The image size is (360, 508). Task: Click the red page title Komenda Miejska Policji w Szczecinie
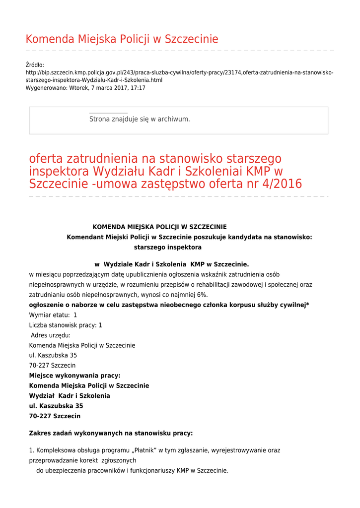point(122,39)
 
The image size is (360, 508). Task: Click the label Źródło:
point(35,65)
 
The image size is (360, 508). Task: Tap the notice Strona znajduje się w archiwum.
point(140,119)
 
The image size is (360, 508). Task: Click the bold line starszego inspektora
point(168,247)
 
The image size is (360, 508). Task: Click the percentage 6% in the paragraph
point(201,295)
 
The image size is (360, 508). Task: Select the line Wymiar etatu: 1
point(53,315)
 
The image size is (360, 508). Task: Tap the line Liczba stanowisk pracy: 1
point(66,325)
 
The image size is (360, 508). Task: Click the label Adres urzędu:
point(51,335)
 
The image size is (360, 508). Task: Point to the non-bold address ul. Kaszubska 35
point(53,355)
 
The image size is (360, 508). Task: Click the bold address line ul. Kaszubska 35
point(56,406)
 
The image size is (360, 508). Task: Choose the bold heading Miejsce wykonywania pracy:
point(75,376)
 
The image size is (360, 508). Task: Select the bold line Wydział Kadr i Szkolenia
point(70,396)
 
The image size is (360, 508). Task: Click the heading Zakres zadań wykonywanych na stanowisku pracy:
point(111,433)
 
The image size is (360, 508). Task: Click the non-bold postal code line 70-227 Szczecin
point(53,366)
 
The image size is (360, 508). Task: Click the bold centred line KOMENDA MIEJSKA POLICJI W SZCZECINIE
point(159,227)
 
